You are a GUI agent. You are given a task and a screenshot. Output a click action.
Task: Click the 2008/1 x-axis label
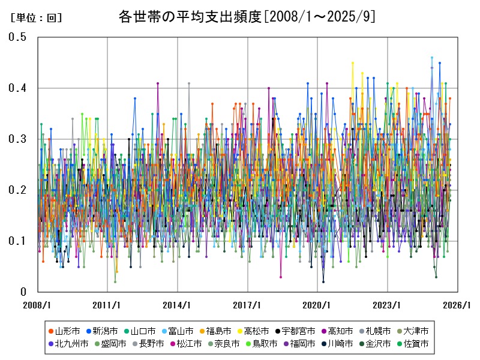click(x=37, y=304)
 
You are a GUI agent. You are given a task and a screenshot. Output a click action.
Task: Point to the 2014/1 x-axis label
click(x=178, y=304)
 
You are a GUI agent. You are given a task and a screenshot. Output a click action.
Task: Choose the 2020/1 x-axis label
click(x=317, y=304)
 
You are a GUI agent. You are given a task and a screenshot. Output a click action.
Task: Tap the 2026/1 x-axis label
click(x=457, y=304)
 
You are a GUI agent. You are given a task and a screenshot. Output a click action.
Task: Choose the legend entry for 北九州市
click(x=71, y=344)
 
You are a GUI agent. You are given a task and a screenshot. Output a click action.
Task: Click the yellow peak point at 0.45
click(x=353, y=62)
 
